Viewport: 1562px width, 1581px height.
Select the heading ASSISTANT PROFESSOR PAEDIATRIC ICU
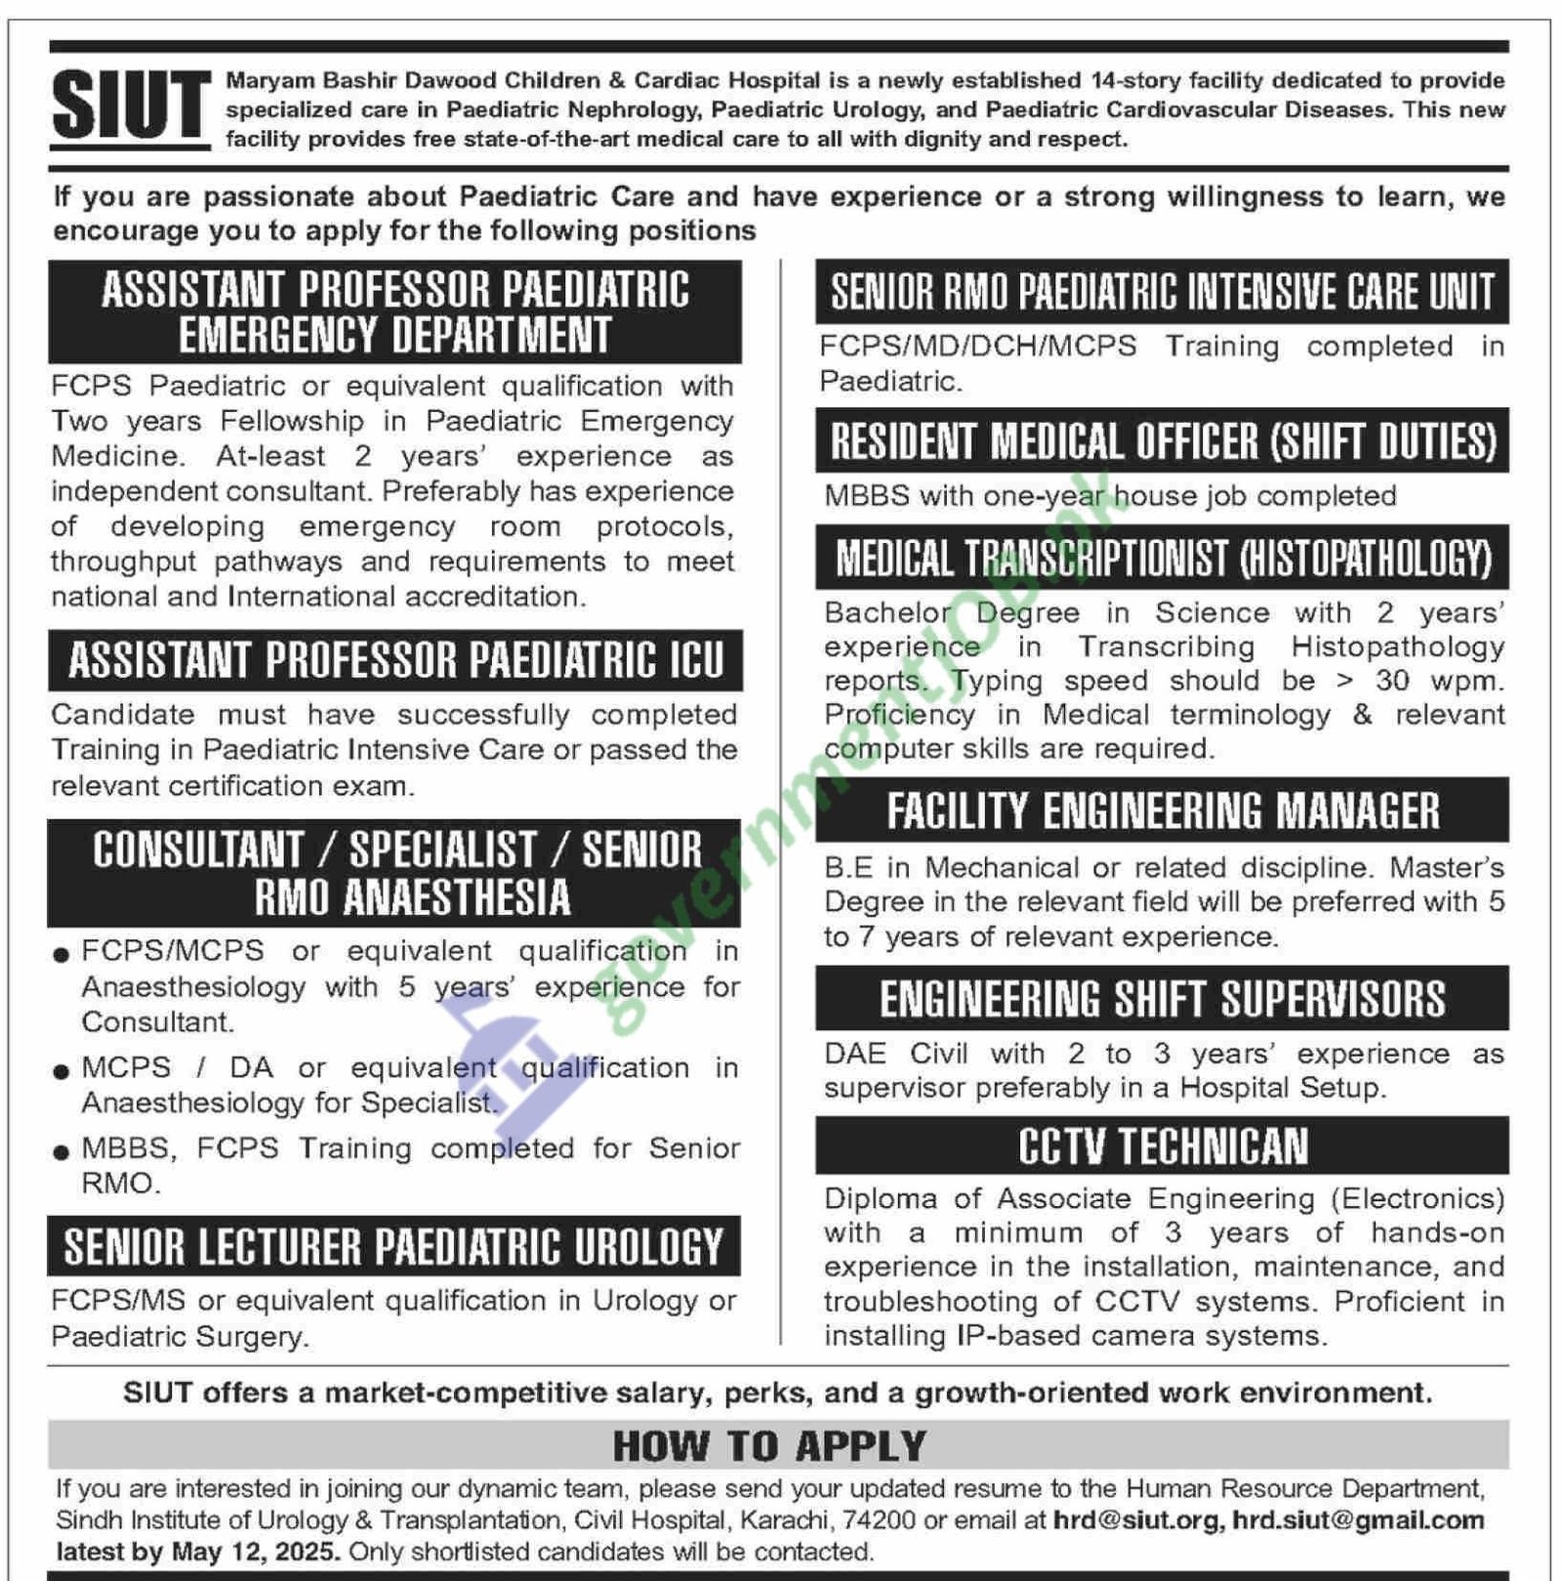click(x=395, y=661)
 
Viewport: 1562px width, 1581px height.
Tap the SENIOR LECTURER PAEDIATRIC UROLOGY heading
click(x=393, y=1247)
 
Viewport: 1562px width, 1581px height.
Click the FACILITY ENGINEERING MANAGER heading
click(x=1162, y=811)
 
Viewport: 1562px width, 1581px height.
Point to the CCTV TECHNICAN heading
click(x=1162, y=1146)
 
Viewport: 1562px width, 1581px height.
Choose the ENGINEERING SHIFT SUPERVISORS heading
click(x=1162, y=999)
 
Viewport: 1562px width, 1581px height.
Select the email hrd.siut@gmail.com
click(x=1358, y=1520)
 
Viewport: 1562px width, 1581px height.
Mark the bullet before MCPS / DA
click(x=62, y=1071)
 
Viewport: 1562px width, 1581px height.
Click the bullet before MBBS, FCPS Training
click(x=62, y=1152)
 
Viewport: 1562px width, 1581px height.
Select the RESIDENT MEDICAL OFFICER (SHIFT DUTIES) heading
click(x=1162, y=441)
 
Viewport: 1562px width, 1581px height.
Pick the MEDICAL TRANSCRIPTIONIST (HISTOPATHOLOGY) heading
click(x=1162, y=559)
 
